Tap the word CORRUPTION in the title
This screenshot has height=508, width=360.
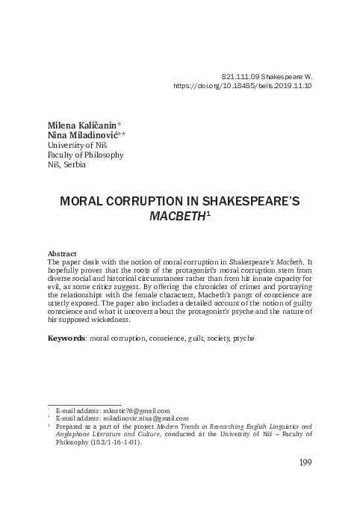pyautogui.click(x=146, y=202)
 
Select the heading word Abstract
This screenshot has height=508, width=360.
pyautogui.click(x=62, y=254)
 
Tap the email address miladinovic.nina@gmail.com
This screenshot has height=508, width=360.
pyautogui.click(x=146, y=418)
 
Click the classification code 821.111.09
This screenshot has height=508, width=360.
pyautogui.click(x=243, y=76)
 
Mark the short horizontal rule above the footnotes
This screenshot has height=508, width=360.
pyautogui.click(x=84, y=404)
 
